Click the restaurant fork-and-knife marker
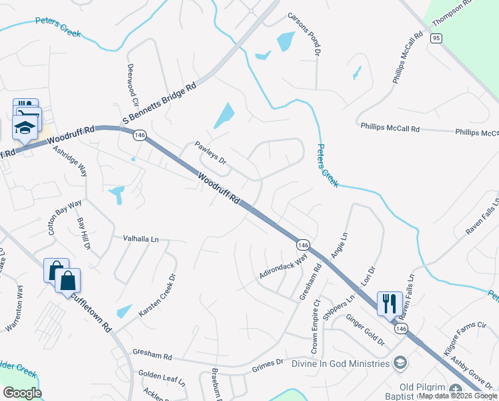pyautogui.click(x=388, y=303)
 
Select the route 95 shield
pyautogui.click(x=436, y=39)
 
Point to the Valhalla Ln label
pyautogui.click(x=141, y=239)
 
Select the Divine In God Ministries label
pyautogui.click(x=340, y=364)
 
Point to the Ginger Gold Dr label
pyautogui.click(x=365, y=330)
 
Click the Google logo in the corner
pyautogui.click(x=22, y=393)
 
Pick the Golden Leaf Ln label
pyautogui.click(x=161, y=378)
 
